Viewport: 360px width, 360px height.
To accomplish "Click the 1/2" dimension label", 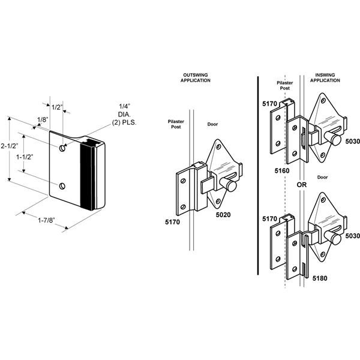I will (57, 107).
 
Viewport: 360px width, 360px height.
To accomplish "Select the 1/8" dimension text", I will (41, 120).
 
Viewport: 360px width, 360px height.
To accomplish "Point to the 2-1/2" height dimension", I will (11, 146).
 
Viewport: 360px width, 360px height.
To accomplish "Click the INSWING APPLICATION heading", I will (326, 79).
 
